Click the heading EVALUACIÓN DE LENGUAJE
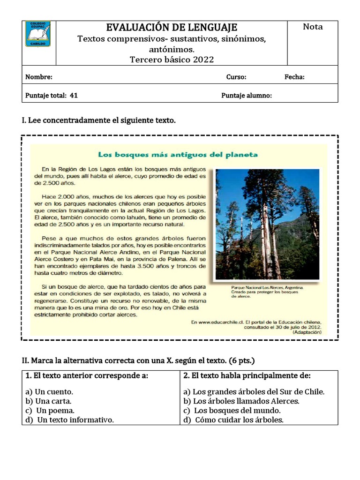tap(172, 27)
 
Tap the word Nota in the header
tap(313, 27)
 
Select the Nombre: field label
tap(39, 77)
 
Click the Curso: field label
tap(236, 77)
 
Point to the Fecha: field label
tap(294, 77)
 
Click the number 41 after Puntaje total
tap(74, 95)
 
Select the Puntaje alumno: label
tap(247, 95)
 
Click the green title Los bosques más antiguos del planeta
tap(178, 154)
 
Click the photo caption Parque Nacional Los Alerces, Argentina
tap(267, 287)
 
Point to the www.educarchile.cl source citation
tap(256, 322)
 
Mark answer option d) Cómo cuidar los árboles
tap(234, 420)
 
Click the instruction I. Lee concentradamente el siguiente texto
tap(99, 120)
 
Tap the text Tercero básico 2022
tap(172, 59)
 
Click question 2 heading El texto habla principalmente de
tap(247, 375)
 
